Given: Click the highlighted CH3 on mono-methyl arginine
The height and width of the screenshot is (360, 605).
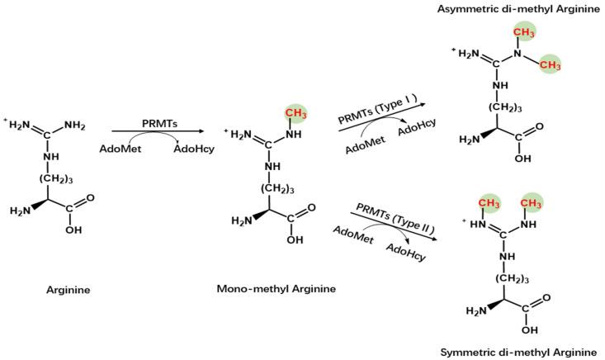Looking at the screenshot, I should (x=294, y=113).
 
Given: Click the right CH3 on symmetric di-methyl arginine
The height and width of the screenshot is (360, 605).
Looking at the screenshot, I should (x=534, y=202).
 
